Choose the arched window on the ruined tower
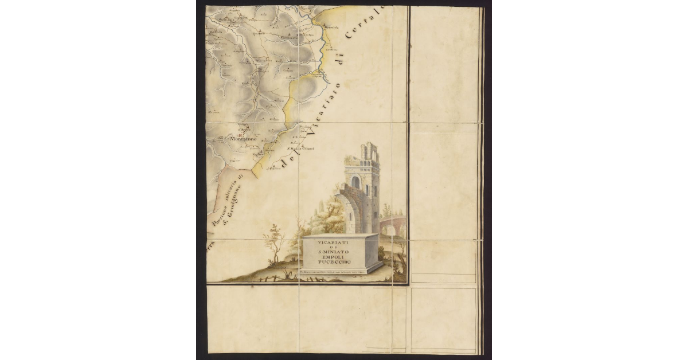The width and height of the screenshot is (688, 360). click(x=355, y=182)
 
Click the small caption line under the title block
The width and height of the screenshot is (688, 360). click(x=341, y=271)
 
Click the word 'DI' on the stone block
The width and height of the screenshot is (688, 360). click(x=341, y=246)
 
